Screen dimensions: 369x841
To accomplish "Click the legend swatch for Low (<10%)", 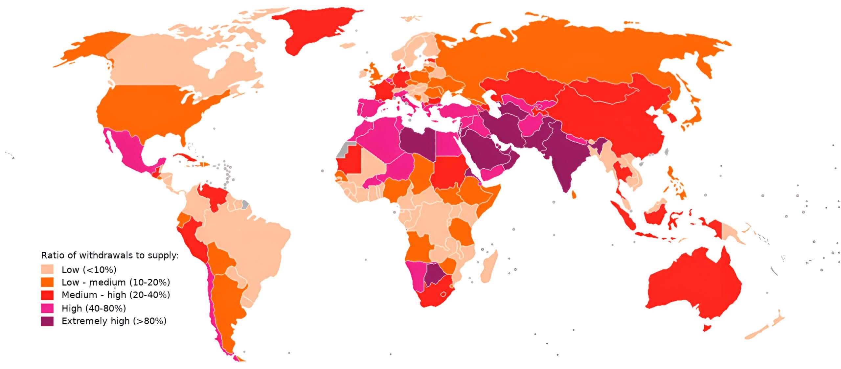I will click(x=47, y=269).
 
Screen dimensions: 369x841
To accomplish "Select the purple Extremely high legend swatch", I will click(x=47, y=321).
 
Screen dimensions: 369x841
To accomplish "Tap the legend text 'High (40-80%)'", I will click(x=94, y=308).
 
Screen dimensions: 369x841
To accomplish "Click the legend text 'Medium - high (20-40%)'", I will click(x=116, y=295).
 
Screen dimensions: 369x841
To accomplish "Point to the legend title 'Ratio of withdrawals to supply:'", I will click(x=109, y=255).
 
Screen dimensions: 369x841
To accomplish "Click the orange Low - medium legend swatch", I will click(x=47, y=282).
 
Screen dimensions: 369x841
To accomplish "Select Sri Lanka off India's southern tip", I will click(x=574, y=195).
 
